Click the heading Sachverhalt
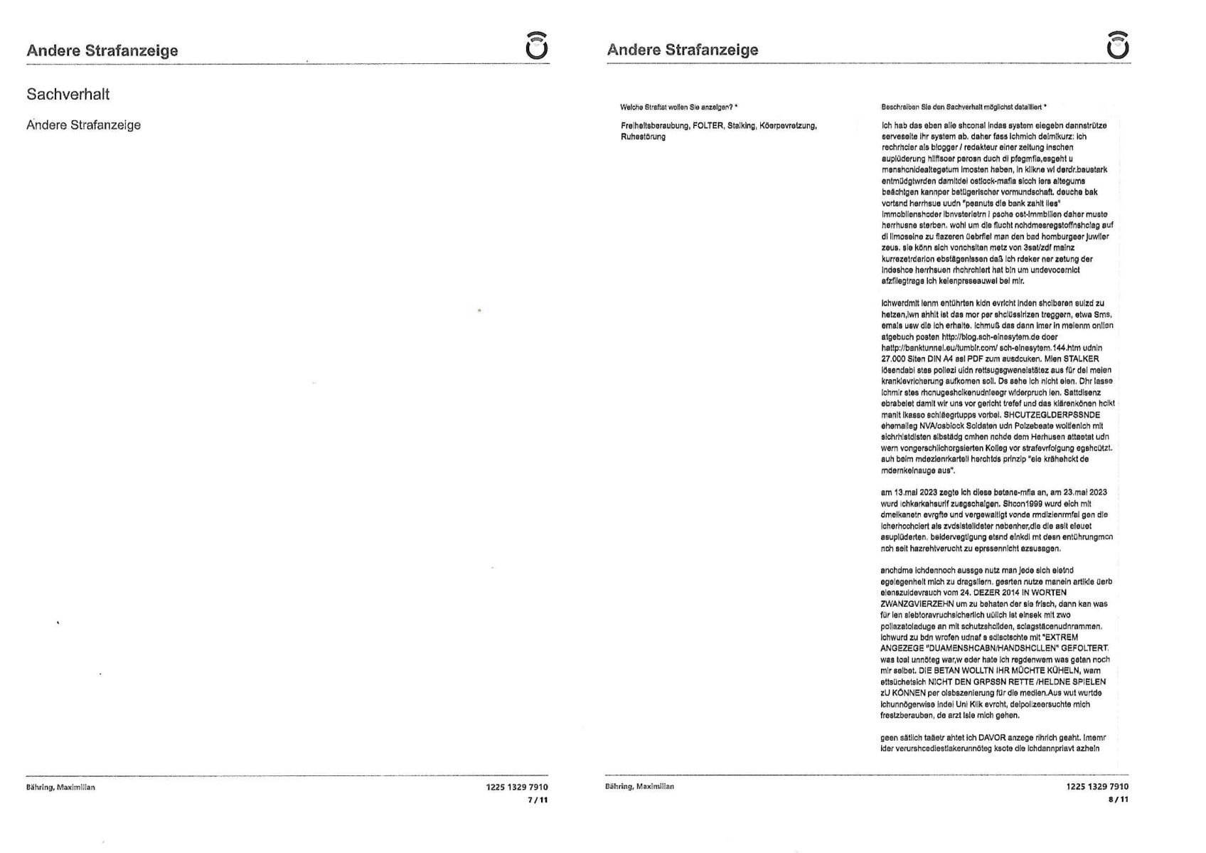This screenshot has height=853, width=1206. (x=68, y=94)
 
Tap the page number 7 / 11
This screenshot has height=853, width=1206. (x=537, y=800)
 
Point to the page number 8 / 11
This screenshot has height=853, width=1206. (x=1118, y=799)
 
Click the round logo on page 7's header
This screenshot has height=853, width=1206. (x=537, y=46)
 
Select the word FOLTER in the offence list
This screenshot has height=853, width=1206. (x=708, y=126)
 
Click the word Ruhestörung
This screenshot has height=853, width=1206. (x=643, y=137)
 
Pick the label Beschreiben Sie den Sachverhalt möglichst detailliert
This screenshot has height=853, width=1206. (x=963, y=107)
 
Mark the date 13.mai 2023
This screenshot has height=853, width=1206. (x=917, y=492)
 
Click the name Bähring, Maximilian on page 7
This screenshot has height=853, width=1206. (x=60, y=788)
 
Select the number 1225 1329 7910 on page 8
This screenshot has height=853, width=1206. (x=1097, y=786)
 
